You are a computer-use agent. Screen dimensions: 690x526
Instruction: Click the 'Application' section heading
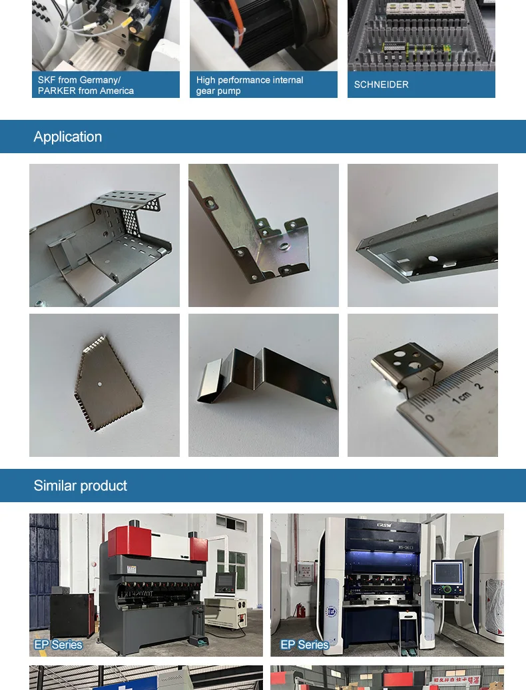(x=68, y=137)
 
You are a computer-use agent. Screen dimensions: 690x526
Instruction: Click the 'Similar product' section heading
(x=80, y=486)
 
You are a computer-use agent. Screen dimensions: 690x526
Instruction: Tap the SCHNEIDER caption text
(x=382, y=85)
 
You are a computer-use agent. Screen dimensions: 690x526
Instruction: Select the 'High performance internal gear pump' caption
(x=250, y=85)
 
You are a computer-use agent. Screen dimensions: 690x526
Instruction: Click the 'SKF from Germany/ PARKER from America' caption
(x=86, y=85)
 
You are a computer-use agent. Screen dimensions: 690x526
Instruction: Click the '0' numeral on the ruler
(x=430, y=418)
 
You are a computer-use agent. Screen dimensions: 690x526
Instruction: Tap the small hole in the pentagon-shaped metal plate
(x=99, y=385)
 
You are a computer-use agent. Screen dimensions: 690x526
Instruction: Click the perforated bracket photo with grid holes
(x=105, y=235)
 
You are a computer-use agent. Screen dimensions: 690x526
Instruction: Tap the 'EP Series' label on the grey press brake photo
(x=58, y=645)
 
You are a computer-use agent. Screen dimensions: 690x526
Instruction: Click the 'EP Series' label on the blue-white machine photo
(x=304, y=645)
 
